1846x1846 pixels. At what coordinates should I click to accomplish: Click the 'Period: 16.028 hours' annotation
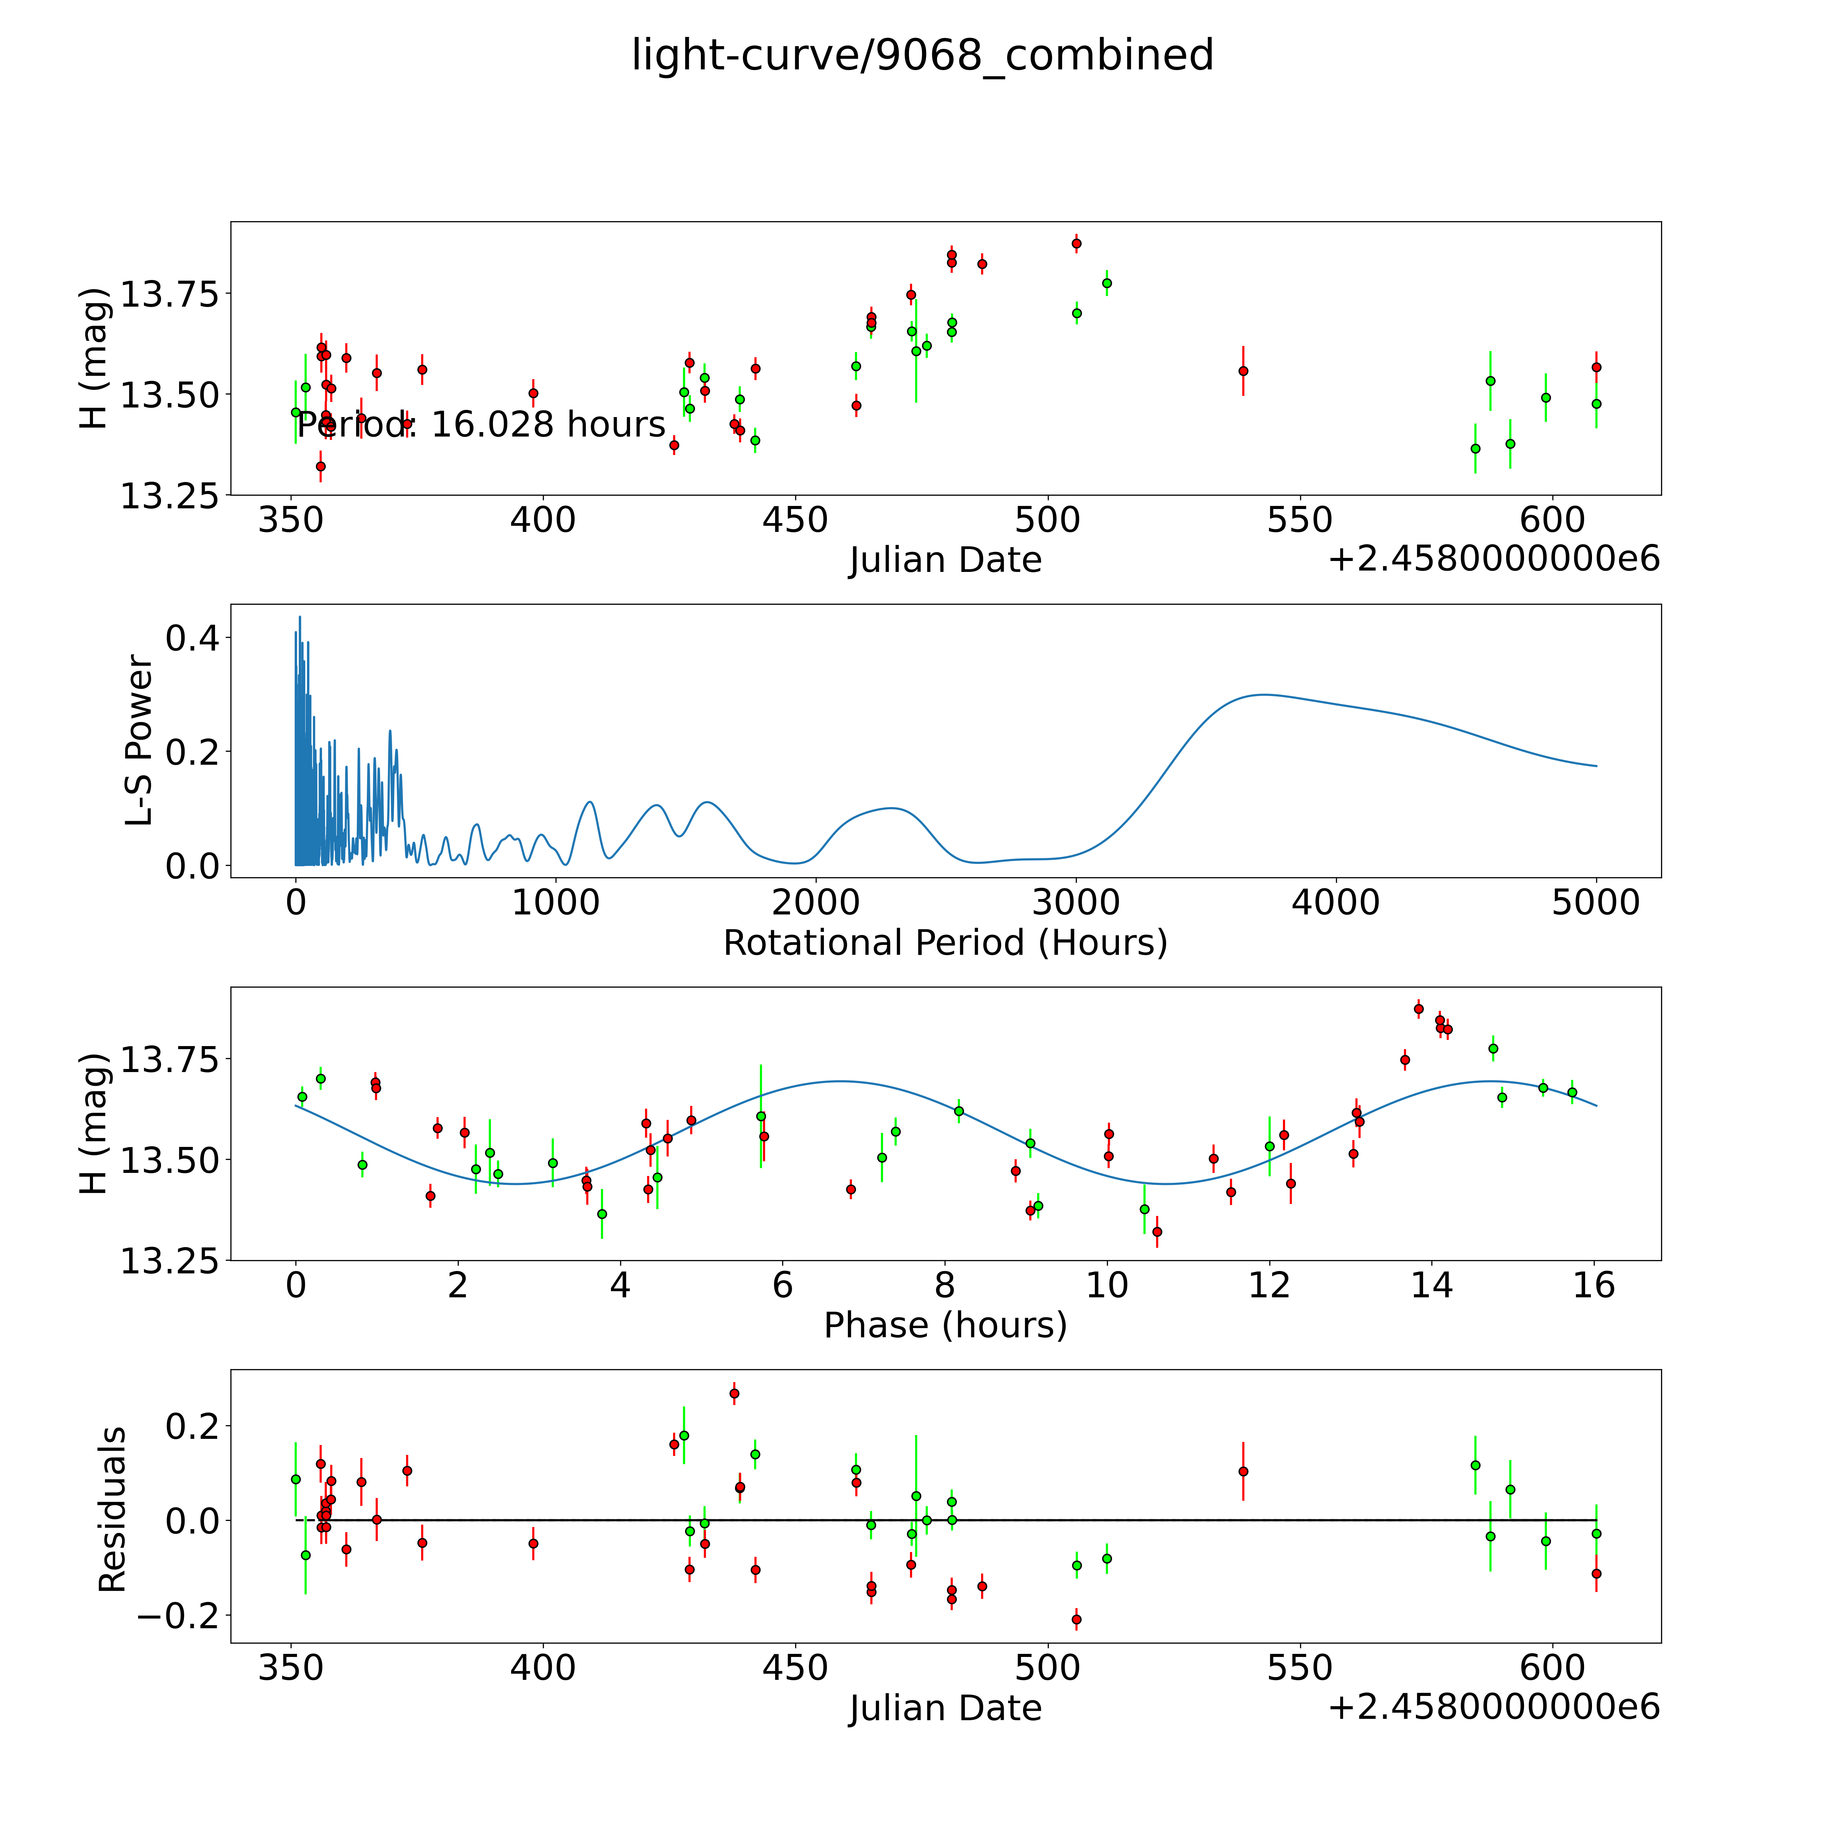[481, 424]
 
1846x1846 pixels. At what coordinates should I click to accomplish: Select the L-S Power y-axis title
[139, 740]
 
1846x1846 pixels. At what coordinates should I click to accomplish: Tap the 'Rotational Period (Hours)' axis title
[945, 943]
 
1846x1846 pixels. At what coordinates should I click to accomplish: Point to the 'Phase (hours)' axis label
[945, 1325]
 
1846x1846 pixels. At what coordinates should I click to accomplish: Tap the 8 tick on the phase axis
[945, 1285]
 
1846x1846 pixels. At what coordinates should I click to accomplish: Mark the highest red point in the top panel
[1076, 244]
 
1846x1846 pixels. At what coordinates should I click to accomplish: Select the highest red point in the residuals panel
[734, 1394]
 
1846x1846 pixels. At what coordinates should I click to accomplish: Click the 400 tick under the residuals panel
[543, 1667]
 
